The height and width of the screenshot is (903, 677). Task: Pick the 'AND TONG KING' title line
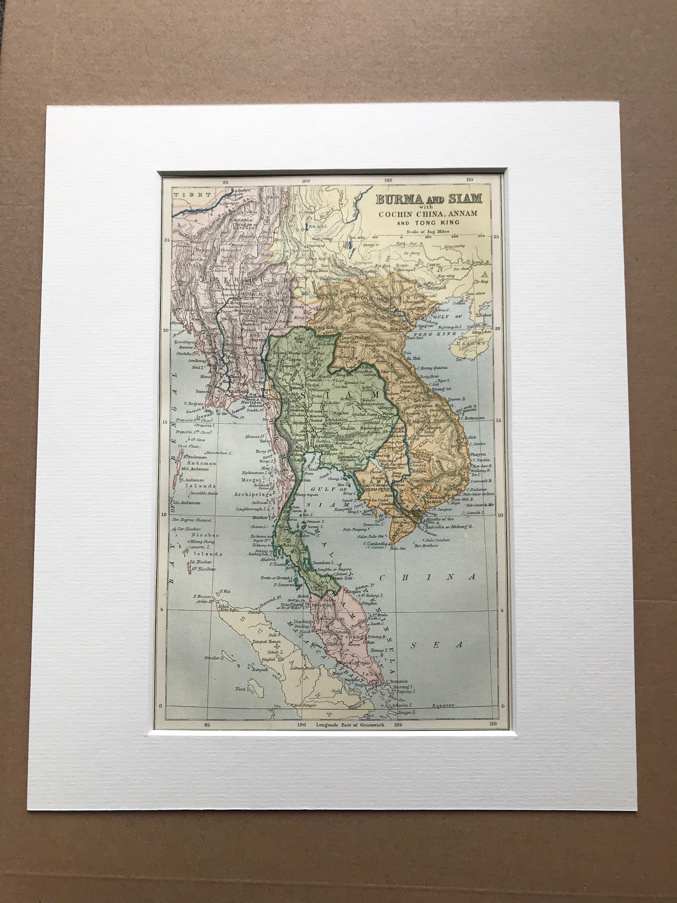pyautogui.click(x=429, y=222)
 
